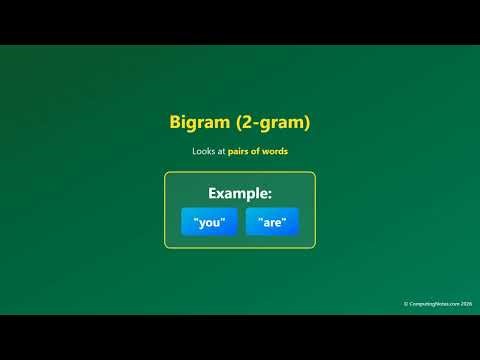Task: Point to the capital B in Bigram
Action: click(176, 123)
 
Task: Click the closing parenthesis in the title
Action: click(307, 123)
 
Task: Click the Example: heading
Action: click(240, 194)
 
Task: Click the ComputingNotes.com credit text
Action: click(432, 304)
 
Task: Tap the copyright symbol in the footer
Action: click(406, 304)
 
